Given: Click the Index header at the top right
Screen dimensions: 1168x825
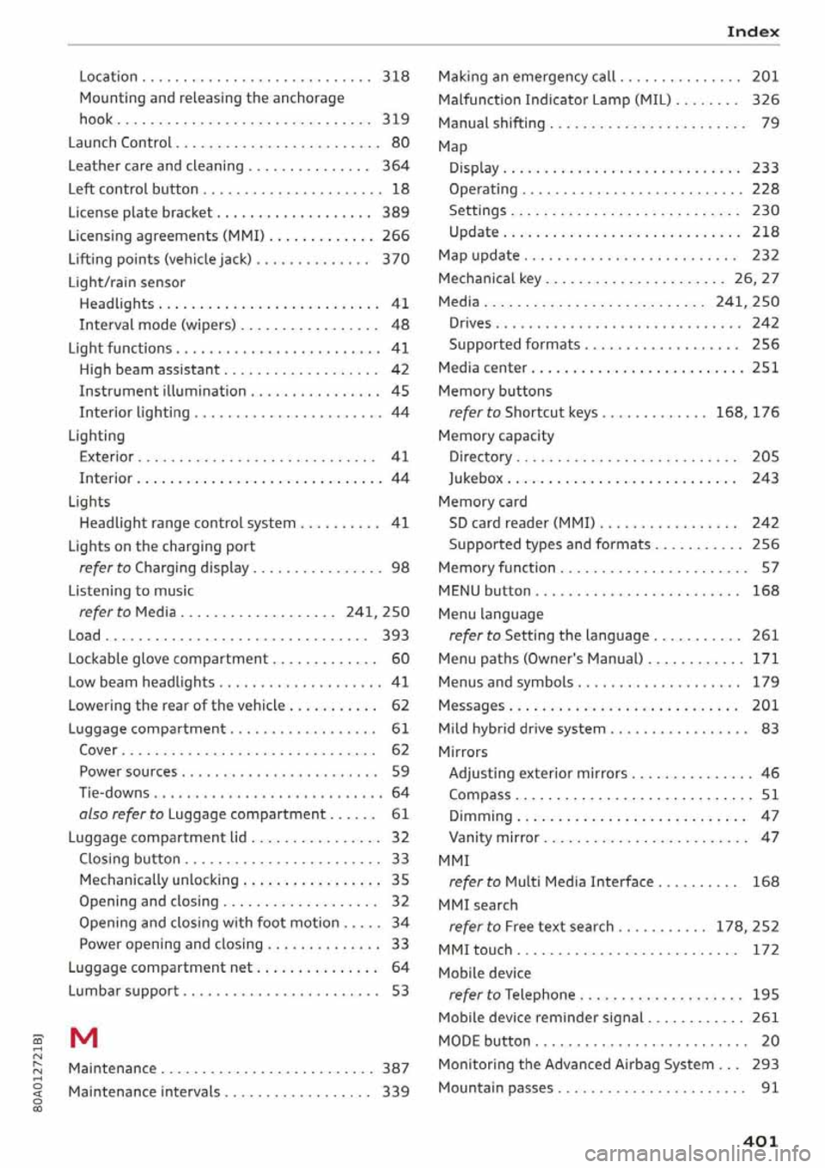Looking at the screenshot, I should point(752,32).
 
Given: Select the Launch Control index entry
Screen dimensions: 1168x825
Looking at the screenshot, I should point(119,143).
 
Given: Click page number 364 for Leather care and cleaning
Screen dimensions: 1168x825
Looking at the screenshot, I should point(395,166).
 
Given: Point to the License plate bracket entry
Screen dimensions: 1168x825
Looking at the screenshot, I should point(140,212).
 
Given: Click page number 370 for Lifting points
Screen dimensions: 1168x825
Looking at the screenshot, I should point(395,259).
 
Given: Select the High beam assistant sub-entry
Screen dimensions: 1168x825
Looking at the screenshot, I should point(150,370).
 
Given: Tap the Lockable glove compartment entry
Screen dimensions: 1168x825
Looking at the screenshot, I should point(168,659).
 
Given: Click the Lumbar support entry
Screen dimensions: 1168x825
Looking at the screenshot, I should point(123,991).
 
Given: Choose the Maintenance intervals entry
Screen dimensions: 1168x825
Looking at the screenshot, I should point(144,1091).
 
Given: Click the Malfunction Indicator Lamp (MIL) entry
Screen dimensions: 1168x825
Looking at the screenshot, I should point(554,100).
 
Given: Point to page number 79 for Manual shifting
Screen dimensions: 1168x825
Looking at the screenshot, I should point(770,123).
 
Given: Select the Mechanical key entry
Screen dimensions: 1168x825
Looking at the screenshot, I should point(490,279).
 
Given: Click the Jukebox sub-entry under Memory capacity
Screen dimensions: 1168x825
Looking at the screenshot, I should point(476,478).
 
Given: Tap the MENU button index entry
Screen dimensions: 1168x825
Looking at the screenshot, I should point(484,591).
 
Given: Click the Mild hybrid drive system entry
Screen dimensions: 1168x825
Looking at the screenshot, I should point(522,728).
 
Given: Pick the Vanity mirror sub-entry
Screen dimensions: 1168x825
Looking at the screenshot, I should point(494,838).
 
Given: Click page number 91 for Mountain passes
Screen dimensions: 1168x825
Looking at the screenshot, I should point(770,1087).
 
